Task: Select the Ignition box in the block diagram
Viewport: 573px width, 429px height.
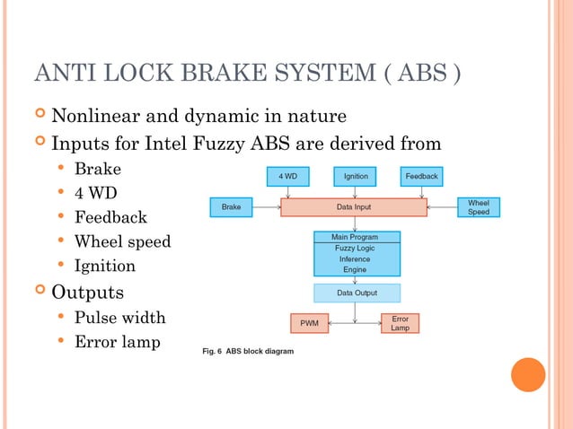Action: [356, 177]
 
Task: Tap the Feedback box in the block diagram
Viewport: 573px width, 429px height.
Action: [421, 177]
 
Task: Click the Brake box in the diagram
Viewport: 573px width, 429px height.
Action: [231, 207]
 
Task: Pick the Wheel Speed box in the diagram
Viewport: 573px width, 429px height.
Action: [478, 207]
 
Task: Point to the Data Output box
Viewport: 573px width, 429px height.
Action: [357, 293]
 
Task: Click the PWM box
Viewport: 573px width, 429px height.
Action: [309, 323]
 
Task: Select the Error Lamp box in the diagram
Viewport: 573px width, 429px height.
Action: [400, 323]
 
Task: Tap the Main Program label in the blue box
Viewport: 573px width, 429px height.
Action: [356, 237]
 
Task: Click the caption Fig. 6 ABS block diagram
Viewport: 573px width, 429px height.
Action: [246, 350]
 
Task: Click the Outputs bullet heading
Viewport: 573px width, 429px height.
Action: [87, 292]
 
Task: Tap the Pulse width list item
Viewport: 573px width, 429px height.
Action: [119, 317]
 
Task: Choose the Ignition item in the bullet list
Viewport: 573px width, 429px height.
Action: [104, 266]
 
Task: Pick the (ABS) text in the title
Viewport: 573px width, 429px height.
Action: [420, 73]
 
